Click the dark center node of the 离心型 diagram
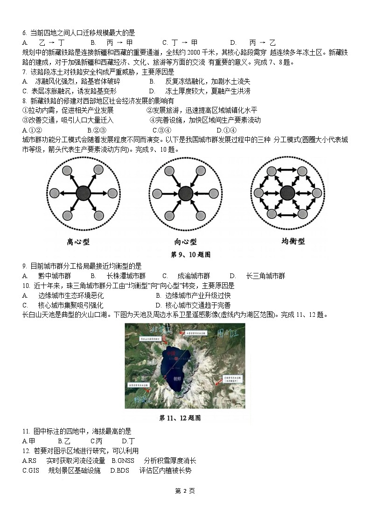(84, 193)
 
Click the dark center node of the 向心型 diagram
(185, 193)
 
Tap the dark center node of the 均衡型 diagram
(287, 192)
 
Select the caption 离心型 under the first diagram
(78, 242)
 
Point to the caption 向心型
(185, 242)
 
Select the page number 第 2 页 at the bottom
(185, 491)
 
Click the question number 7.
(24, 72)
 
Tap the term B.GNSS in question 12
(123, 461)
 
